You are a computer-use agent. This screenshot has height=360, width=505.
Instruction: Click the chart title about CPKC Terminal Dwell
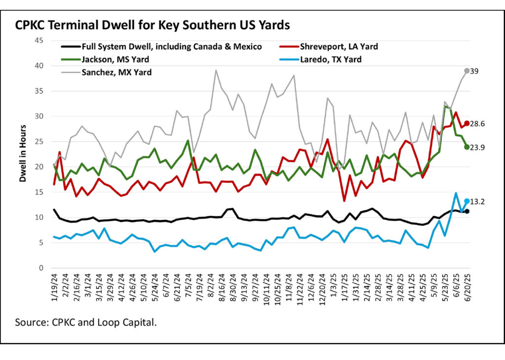tap(152, 24)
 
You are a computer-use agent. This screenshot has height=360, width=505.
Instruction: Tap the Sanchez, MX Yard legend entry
tap(118, 72)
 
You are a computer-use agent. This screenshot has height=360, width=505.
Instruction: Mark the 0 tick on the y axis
tap(42, 268)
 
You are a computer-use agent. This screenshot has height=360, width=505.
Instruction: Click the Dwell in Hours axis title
tap(23, 154)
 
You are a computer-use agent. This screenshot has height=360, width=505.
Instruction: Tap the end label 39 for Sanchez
tap(475, 71)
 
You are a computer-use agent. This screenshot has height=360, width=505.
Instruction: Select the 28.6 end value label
tap(478, 124)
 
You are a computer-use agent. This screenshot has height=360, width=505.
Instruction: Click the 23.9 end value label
tap(478, 147)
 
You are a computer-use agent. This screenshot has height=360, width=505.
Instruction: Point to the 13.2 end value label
tap(478, 201)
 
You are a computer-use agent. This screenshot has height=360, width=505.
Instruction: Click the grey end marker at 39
tap(467, 71)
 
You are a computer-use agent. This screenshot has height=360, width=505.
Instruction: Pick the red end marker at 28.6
tap(467, 123)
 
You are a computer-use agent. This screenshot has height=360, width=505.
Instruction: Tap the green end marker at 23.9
tap(467, 147)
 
